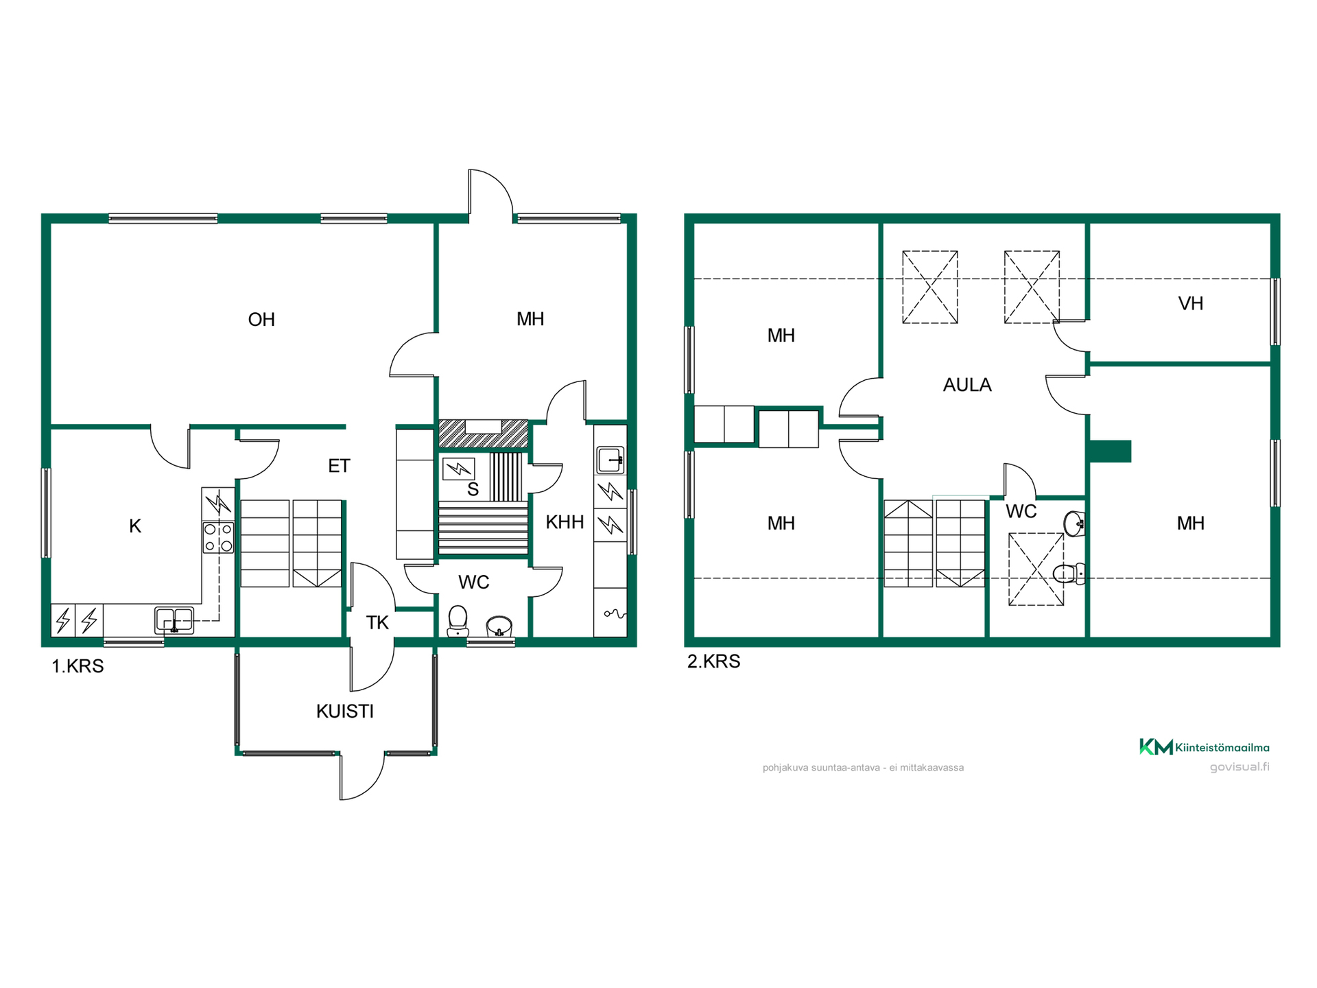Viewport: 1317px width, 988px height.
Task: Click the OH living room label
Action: (261, 320)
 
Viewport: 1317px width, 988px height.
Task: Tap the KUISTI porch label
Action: (345, 711)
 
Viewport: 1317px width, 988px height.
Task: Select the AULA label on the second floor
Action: (967, 385)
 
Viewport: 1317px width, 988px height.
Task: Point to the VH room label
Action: (1191, 303)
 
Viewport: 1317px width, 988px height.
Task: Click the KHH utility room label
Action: (565, 522)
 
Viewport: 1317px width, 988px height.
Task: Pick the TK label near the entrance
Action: (377, 623)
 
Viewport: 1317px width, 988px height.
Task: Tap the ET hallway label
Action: (339, 467)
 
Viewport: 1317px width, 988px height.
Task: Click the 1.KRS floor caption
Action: (78, 666)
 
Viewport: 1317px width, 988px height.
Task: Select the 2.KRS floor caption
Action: (713, 661)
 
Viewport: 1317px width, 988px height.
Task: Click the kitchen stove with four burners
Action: (218, 537)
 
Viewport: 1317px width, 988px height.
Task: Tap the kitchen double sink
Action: (174, 620)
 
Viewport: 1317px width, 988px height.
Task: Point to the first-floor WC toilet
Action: (458, 621)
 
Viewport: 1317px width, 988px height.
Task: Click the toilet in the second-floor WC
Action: (1068, 573)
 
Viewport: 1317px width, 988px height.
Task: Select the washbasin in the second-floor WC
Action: (1074, 524)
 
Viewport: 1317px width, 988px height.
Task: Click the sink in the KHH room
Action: (610, 460)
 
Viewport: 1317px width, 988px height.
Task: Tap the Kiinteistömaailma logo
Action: (1205, 747)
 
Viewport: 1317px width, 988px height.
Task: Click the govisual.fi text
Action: (1239, 767)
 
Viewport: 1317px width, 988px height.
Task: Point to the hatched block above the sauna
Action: (484, 434)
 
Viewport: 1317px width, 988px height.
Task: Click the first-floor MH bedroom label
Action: (530, 319)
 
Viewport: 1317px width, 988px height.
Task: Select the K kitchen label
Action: (135, 526)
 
